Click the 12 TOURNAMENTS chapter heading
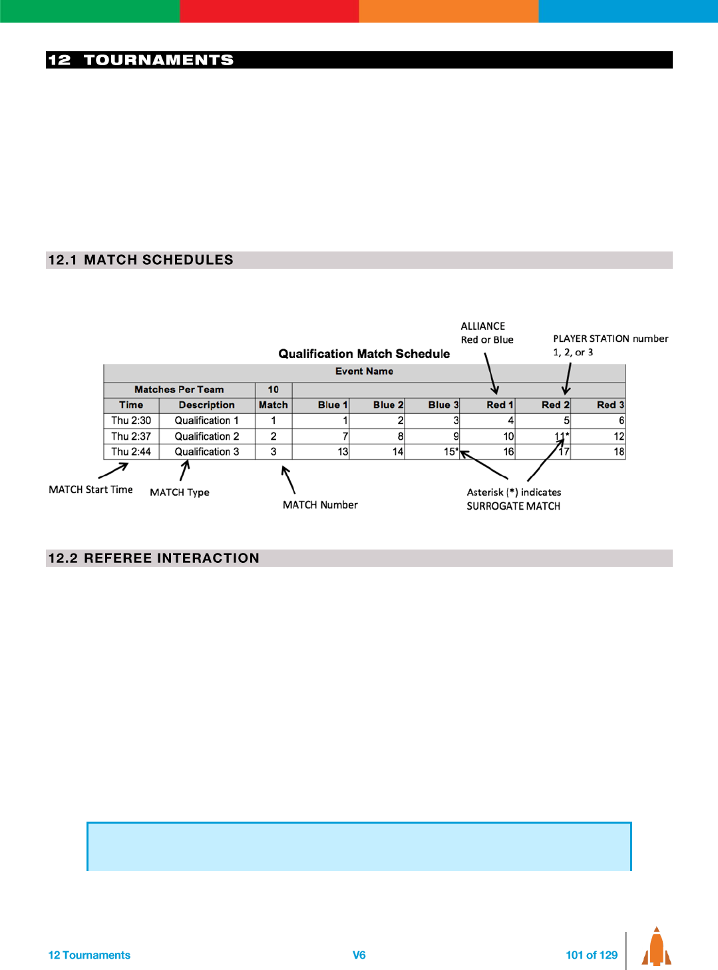tap(141, 60)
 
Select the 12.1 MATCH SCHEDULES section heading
tap(141, 260)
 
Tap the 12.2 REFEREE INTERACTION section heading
tap(154, 558)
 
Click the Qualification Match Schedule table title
tap(364, 354)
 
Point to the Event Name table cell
tap(364, 371)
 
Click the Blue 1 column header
tap(332, 404)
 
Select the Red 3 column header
tap(610, 404)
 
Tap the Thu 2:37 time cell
tap(131, 436)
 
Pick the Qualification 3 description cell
tap(207, 452)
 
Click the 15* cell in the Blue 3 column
tap(450, 452)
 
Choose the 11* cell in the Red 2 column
tap(562, 436)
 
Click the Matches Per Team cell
tap(179, 390)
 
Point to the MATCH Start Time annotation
tap(90, 490)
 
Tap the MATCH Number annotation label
tap(320, 505)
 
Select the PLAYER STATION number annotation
tap(610, 339)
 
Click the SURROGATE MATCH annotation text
tap(513, 506)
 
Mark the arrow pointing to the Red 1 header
tap(491, 373)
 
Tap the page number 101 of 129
tap(592, 955)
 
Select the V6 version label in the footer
tap(359, 955)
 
